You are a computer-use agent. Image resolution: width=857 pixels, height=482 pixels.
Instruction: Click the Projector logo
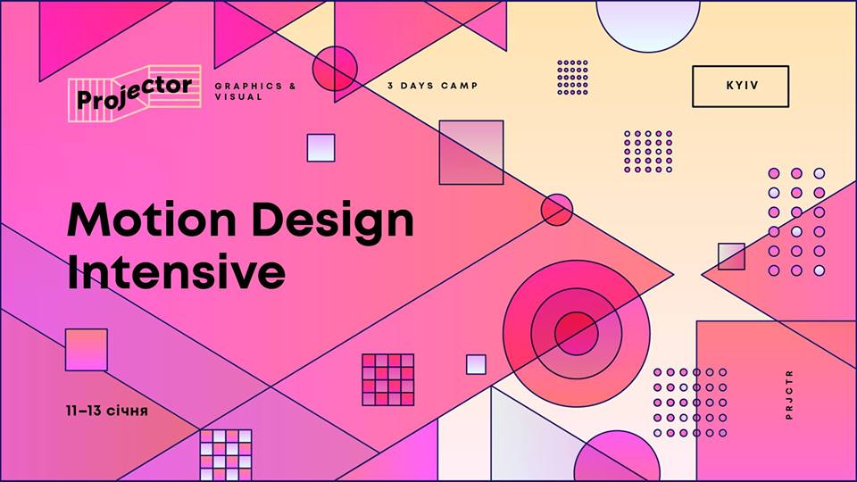pyautogui.click(x=135, y=93)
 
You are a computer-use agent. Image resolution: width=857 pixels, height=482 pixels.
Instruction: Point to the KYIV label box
pyautogui.click(x=741, y=87)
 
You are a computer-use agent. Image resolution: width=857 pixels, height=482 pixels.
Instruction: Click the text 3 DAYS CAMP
pyautogui.click(x=433, y=86)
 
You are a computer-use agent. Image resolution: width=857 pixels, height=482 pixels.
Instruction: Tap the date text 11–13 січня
pyautogui.click(x=106, y=411)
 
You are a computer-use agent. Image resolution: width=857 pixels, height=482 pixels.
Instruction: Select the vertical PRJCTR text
pyautogui.click(x=788, y=395)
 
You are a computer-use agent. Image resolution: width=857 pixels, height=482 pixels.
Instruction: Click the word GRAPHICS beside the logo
pyautogui.click(x=249, y=86)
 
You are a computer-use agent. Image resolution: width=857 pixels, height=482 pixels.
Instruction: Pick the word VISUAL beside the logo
pyautogui.click(x=239, y=96)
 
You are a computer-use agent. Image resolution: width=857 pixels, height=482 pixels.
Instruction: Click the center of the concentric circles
pyautogui.click(x=576, y=333)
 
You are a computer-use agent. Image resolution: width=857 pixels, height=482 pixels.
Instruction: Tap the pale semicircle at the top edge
pyautogui.click(x=648, y=26)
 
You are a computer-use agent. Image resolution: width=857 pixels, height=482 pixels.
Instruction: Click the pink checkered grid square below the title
pyautogui.click(x=388, y=380)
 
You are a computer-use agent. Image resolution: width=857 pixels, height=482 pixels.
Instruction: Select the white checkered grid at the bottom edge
pyautogui.click(x=226, y=455)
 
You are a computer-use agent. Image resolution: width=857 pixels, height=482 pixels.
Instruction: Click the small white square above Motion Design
pyautogui.click(x=320, y=147)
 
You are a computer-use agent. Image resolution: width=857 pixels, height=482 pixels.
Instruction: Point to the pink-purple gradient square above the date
pyautogui.click(x=87, y=350)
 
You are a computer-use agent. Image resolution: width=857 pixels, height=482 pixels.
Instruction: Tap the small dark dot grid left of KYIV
pyautogui.click(x=572, y=78)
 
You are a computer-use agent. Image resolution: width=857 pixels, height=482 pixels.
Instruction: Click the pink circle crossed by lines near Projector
pyautogui.click(x=335, y=69)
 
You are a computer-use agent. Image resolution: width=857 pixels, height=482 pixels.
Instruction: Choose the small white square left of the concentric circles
pyautogui.click(x=476, y=364)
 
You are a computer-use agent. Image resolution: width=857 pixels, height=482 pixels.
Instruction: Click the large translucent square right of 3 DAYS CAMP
pyautogui.click(x=471, y=153)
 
